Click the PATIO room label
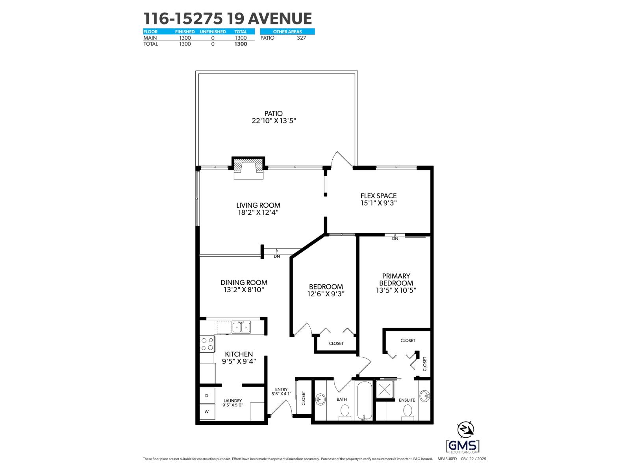(x=274, y=114)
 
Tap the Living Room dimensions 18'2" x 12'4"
(x=258, y=212)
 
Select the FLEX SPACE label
(x=378, y=195)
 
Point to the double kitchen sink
(x=241, y=327)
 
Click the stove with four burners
(x=207, y=344)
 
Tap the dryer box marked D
(x=207, y=395)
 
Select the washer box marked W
(x=207, y=412)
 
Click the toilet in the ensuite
(x=407, y=411)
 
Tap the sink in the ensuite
(x=424, y=395)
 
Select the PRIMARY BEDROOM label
(x=396, y=279)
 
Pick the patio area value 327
(x=301, y=38)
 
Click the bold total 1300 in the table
(x=241, y=44)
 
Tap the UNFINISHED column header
(x=213, y=31)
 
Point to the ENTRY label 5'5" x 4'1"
(x=281, y=391)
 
